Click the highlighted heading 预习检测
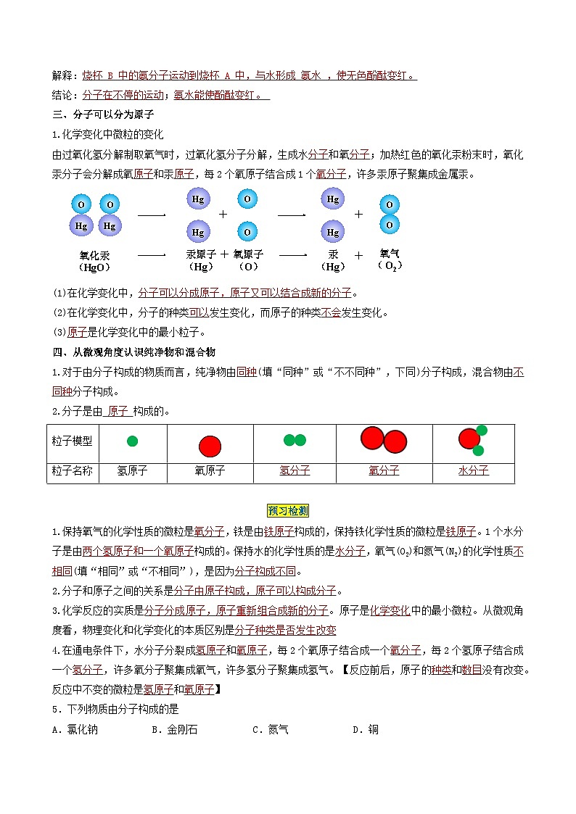288,510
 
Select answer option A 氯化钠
75,730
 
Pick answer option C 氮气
271,730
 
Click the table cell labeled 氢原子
132,470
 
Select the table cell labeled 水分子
473,470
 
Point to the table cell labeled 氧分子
384,470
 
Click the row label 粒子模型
73,441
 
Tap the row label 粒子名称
73,470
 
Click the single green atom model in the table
132,441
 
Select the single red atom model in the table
210,444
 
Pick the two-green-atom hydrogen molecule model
295,440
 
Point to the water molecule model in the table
472,439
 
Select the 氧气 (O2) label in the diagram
390,259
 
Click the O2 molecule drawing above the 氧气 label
390,215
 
